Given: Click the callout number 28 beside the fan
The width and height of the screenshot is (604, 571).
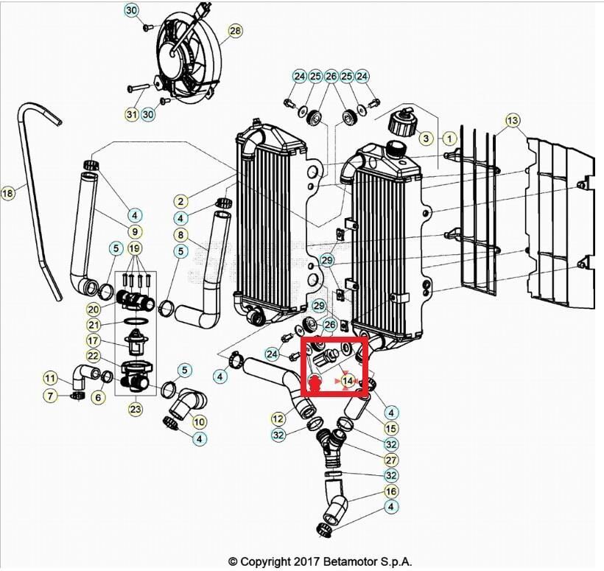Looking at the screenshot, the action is pyautogui.click(x=235, y=30).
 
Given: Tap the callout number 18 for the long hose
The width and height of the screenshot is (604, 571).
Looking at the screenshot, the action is pyautogui.click(x=7, y=192).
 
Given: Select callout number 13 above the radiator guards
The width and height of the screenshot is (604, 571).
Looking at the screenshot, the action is pyautogui.click(x=513, y=121).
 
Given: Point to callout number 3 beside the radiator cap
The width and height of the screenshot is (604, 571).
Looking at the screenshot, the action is pyautogui.click(x=426, y=138).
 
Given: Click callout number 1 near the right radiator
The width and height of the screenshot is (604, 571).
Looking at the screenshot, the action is pyautogui.click(x=449, y=138).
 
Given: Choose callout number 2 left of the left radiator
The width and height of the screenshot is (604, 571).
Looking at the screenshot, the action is pyautogui.click(x=180, y=201).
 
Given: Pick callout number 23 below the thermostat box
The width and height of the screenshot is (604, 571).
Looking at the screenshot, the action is pyautogui.click(x=136, y=409).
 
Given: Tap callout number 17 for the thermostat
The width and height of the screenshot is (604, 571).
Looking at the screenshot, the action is pyautogui.click(x=94, y=340).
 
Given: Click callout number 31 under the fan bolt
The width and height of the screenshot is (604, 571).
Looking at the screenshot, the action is pyautogui.click(x=132, y=114).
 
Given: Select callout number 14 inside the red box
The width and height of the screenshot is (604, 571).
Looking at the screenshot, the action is pyautogui.click(x=348, y=381).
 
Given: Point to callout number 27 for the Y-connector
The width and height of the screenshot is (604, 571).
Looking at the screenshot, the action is pyautogui.click(x=391, y=460).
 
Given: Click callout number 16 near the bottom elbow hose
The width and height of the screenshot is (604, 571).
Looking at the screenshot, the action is pyautogui.click(x=391, y=491).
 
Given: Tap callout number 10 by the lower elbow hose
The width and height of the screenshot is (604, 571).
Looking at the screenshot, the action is pyautogui.click(x=199, y=422).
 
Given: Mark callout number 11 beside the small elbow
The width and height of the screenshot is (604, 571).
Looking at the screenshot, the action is pyautogui.click(x=49, y=379).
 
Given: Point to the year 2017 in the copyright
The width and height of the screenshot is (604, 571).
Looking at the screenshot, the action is pyautogui.click(x=307, y=561).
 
